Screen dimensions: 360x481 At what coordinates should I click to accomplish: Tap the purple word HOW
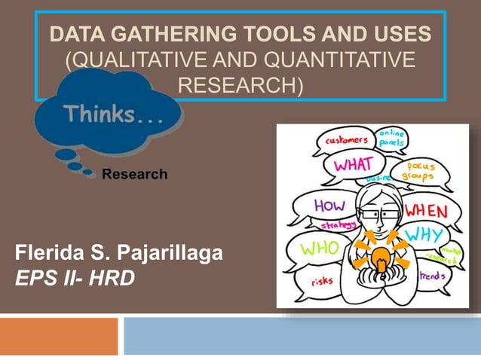(x=329, y=206)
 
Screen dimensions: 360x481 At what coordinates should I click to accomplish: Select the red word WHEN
(x=426, y=210)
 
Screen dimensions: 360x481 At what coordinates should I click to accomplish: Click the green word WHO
(x=319, y=247)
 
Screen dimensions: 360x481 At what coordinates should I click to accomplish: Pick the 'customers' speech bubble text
(x=346, y=140)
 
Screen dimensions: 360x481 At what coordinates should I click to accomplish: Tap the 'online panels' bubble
(x=391, y=138)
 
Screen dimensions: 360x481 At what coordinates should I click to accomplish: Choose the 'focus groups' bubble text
(x=420, y=170)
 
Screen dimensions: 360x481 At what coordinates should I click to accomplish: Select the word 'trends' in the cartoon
(x=432, y=276)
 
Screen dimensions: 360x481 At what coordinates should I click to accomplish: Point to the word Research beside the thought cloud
(x=134, y=175)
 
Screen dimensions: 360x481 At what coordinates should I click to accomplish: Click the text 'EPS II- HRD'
(x=75, y=279)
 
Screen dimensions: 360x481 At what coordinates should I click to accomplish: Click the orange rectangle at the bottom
(x=59, y=336)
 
